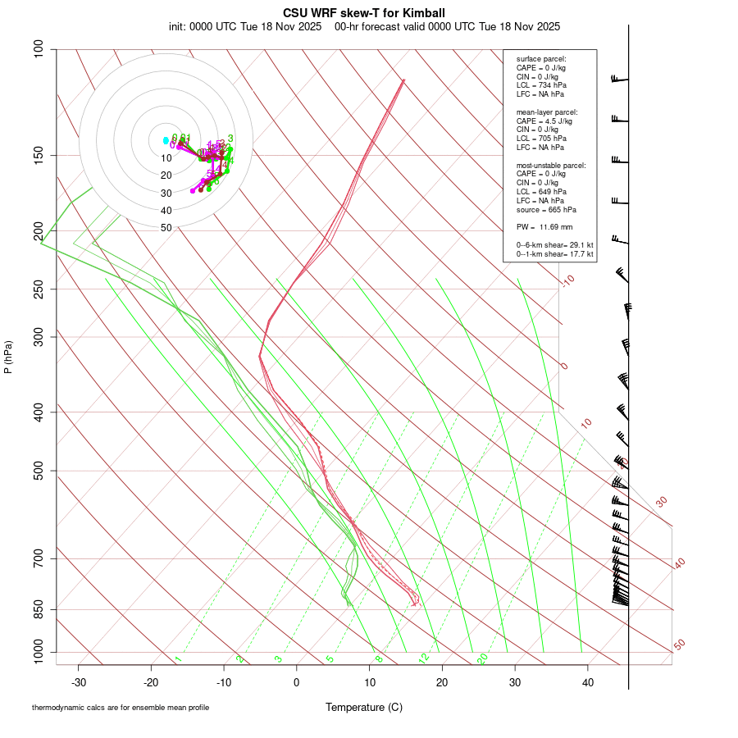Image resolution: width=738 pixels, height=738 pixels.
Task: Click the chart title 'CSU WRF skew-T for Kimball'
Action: tap(364, 13)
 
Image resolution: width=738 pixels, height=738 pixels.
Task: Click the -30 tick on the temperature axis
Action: tap(79, 681)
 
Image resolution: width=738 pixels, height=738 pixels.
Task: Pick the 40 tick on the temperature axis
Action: tap(588, 681)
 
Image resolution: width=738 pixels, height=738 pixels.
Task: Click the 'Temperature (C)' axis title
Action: tap(364, 707)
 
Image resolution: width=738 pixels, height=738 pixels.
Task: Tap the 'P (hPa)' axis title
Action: tap(8, 357)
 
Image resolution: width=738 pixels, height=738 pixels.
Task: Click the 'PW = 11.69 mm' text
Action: tap(544, 226)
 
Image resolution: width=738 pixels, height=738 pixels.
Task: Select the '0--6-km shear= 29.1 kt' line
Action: tap(554, 244)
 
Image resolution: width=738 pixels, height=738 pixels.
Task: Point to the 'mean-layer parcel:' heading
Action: tap(546, 112)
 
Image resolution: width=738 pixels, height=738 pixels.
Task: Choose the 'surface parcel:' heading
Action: tap(541, 59)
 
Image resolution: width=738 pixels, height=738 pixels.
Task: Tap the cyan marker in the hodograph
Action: tap(166, 140)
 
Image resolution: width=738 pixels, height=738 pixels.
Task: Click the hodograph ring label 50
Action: tap(166, 228)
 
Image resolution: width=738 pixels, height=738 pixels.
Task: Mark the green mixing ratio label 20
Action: tap(482, 658)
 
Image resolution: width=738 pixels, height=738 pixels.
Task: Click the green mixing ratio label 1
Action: tap(178, 659)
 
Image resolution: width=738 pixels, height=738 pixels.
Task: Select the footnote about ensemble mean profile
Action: tap(121, 708)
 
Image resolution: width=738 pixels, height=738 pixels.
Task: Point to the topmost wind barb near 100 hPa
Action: tap(619, 79)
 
